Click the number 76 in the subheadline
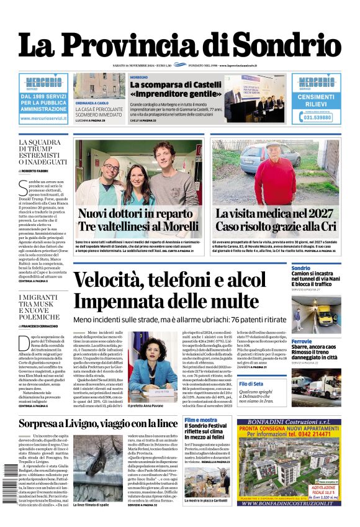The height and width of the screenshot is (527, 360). (x=235, y=318)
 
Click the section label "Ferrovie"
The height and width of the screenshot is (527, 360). (x=302, y=341)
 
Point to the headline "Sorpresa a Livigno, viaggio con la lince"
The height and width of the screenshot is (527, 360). (x=98, y=424)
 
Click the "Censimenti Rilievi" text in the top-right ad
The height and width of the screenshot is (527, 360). (x=315, y=100)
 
